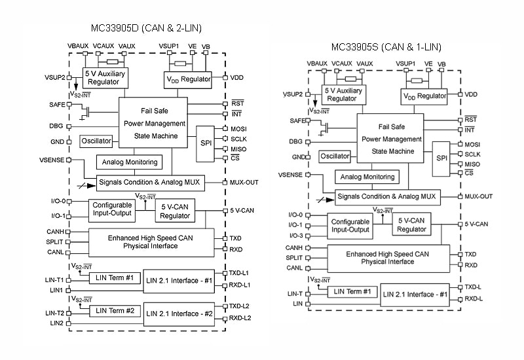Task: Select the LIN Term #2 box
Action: coord(115,310)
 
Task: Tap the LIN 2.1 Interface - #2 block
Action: coord(178,314)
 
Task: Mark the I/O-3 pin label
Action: coord(295,236)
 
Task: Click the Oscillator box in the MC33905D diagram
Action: coord(96,141)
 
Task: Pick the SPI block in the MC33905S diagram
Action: coord(442,158)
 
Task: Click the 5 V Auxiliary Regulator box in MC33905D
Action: coord(105,78)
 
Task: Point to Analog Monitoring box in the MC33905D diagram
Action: coord(129,162)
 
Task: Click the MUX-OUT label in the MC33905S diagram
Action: coord(479,196)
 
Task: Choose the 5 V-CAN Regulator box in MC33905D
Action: coord(174,211)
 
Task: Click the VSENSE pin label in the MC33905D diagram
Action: coord(52,160)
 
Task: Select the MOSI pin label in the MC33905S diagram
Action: coord(472,144)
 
